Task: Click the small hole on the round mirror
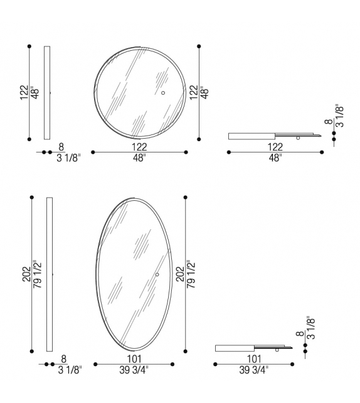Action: pos(162,93)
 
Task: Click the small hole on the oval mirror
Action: pos(157,274)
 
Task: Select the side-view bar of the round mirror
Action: pos(47,92)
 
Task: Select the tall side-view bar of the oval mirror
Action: pos(50,274)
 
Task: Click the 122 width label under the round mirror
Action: pos(139,146)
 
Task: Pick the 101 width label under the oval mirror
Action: pos(134,358)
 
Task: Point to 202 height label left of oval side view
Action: pos(26,274)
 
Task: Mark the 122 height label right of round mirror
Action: pos(194,92)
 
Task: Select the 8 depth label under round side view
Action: pos(61,146)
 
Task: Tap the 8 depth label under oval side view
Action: pos(63,358)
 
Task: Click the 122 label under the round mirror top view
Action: pos(275,146)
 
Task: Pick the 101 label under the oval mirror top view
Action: pos(254,358)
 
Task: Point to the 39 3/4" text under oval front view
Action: pos(134,369)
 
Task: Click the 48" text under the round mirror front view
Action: pos(139,158)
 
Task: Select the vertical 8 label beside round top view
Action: pos(327,123)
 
